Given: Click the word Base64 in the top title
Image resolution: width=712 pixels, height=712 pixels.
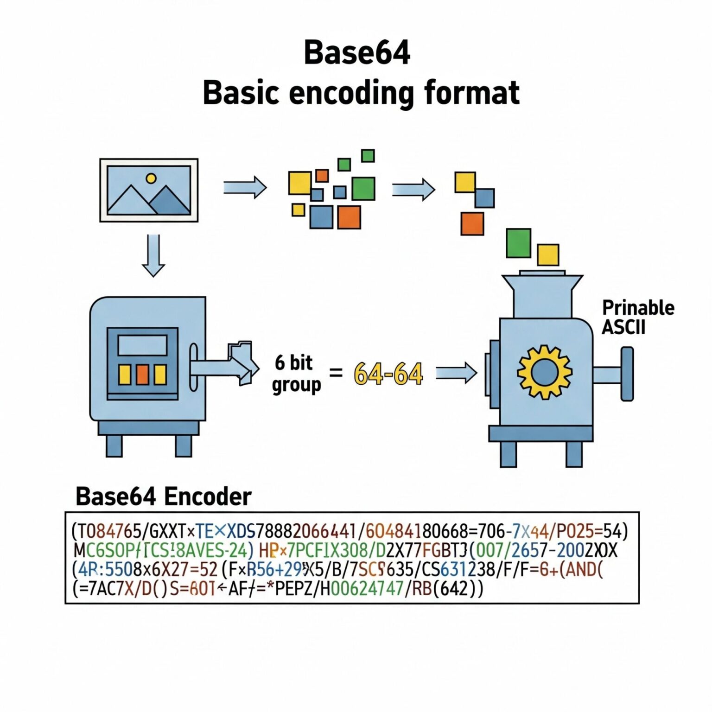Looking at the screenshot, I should [x=356, y=52].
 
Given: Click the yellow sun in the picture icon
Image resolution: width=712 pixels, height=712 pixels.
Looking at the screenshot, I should [x=151, y=178].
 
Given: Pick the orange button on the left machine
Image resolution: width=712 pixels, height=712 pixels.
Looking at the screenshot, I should [x=142, y=375].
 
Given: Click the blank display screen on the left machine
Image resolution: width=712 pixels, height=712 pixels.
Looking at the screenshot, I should [x=142, y=345].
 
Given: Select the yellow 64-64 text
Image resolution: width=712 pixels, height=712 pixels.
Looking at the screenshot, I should [x=388, y=374].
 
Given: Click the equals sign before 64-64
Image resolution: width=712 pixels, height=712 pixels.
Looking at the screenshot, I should [x=336, y=372].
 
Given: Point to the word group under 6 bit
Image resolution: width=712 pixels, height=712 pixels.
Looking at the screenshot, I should [x=296, y=385].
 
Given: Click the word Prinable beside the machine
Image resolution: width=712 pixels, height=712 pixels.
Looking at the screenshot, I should [x=638, y=308].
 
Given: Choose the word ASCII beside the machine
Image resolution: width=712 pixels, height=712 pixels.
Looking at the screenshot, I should [x=623, y=327].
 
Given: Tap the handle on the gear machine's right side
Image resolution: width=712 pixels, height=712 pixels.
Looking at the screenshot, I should [x=626, y=374].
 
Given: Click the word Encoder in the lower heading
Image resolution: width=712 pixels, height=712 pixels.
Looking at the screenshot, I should [x=208, y=496].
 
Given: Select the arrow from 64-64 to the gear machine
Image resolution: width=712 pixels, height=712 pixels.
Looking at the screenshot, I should [x=456, y=373].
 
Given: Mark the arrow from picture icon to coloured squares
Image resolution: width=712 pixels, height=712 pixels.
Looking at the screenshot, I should [x=245, y=188].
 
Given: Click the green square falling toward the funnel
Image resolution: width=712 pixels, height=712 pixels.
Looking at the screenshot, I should [x=518, y=243].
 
